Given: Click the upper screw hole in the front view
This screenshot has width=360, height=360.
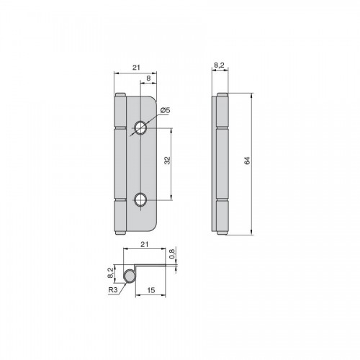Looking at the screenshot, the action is pyautogui.click(x=140, y=127).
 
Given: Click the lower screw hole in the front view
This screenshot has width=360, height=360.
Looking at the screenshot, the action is pyautogui.click(x=140, y=199).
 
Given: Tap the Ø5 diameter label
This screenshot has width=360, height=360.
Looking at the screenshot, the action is pyautogui.click(x=166, y=110).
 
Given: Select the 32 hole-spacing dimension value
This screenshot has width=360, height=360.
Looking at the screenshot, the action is pyautogui.click(x=167, y=161).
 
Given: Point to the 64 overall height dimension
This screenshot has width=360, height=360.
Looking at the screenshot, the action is pyautogui.click(x=247, y=161).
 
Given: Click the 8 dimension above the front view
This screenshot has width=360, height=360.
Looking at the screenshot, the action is pyautogui.click(x=148, y=78).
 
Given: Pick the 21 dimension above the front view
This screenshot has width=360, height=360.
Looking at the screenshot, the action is pyautogui.click(x=136, y=68).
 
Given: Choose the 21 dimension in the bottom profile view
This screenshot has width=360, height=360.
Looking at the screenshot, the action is pyautogui.click(x=144, y=244).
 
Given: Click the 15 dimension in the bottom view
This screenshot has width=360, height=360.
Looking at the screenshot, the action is pyautogui.click(x=151, y=290).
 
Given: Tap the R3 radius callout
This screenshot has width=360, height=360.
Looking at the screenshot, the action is pyautogui.click(x=113, y=290).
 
